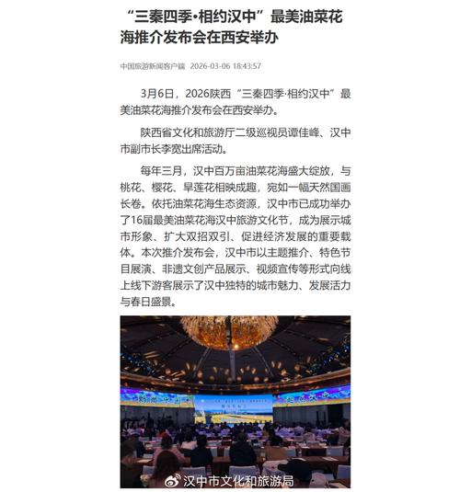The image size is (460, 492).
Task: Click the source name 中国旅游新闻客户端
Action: [152, 66]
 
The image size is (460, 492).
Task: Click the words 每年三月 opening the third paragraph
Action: [166, 171]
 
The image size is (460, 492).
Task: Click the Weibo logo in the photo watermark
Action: [170, 480]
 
